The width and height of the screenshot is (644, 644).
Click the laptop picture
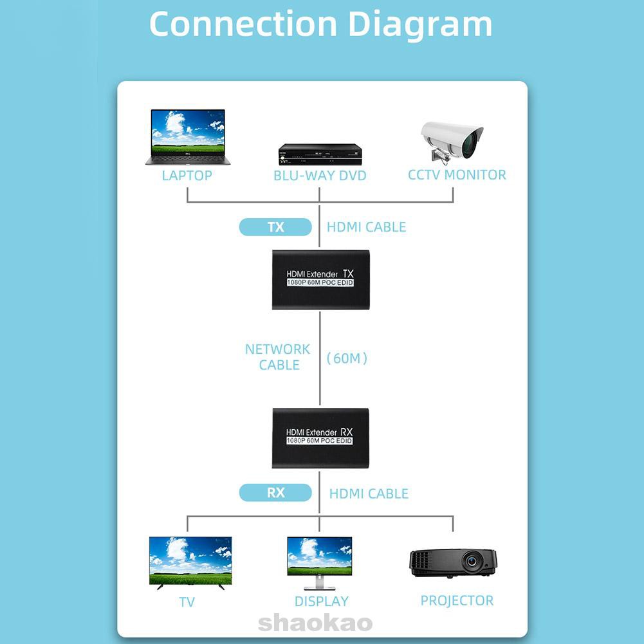coord(187,136)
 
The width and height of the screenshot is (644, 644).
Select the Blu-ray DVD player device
coord(320,154)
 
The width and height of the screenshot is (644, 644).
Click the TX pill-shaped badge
coord(275,227)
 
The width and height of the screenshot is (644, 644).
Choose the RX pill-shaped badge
coord(275,493)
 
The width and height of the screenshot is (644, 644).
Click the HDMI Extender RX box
coord(320,437)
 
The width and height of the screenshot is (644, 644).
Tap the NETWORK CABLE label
coord(277,357)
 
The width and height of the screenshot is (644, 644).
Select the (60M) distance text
coord(347,358)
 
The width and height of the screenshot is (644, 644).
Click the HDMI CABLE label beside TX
coord(366,227)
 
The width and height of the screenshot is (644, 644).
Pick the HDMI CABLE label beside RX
coord(369,493)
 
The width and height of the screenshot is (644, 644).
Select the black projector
coord(454,564)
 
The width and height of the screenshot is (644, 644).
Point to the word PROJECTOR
coord(457,601)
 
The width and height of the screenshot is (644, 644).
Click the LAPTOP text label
coord(187,176)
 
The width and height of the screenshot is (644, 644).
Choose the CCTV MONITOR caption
coord(457,174)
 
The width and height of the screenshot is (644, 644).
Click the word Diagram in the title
coord(420,24)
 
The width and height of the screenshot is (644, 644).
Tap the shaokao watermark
coord(315,623)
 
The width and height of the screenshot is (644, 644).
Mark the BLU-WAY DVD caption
coord(320,176)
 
